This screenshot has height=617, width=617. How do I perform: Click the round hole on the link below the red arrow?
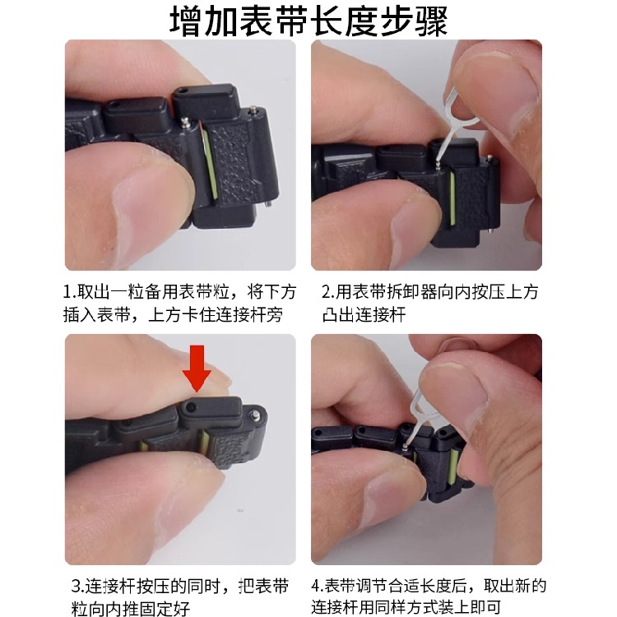(x=190, y=407)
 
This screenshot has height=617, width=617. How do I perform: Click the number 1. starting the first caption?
(x=69, y=292)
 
